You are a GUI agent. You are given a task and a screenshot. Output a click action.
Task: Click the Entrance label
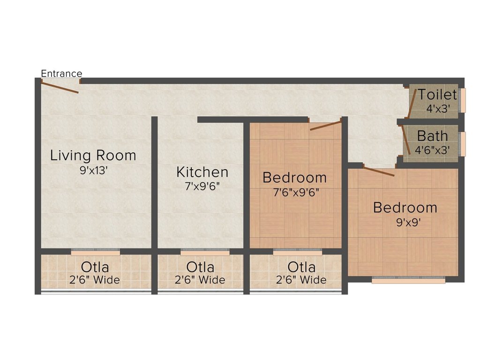61,74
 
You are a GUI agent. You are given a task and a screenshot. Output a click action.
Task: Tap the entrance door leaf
60,87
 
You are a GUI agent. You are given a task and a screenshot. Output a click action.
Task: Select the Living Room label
93,155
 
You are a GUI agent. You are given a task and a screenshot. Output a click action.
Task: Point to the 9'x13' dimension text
93,170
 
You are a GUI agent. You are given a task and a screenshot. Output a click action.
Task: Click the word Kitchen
202,172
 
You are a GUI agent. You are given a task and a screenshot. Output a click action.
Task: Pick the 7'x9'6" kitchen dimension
202,186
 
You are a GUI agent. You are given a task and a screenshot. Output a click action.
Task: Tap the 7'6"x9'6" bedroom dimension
296,193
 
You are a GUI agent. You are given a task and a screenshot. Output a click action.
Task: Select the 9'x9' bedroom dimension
409,222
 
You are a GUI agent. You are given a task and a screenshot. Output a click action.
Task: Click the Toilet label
437,94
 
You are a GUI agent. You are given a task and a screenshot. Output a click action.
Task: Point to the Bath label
432,136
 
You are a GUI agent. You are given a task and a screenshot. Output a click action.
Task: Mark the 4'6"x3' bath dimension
432,150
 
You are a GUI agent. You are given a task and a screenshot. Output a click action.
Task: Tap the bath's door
406,140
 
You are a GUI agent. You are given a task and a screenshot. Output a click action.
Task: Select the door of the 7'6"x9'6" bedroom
325,126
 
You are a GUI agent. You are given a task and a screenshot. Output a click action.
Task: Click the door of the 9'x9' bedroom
379,171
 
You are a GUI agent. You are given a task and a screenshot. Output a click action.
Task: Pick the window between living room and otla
96,252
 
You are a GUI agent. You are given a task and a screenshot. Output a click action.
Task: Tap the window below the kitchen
205,252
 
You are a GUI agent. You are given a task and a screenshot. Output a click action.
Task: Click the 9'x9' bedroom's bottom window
408,280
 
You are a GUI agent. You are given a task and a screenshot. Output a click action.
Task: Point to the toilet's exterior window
463,100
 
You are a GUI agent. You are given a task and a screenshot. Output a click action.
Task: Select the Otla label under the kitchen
200,267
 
